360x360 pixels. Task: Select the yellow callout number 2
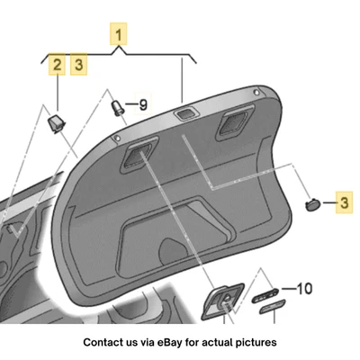tap(57, 65)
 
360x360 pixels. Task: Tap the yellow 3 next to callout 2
tap(80, 65)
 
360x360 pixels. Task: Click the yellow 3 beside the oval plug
tap(342, 204)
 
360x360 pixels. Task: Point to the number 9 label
tap(141, 105)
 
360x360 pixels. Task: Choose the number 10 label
tap(303, 290)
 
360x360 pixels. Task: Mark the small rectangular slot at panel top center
tap(185, 112)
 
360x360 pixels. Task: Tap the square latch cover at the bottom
tap(220, 301)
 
